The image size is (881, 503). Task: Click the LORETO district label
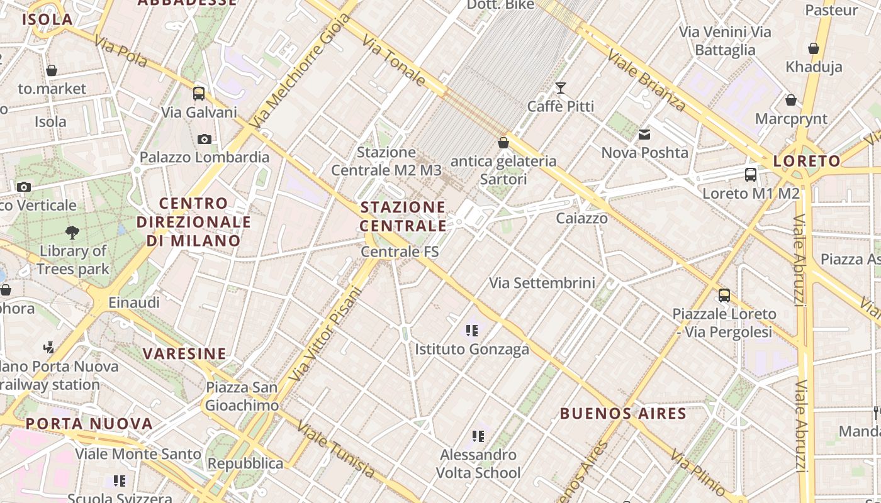tap(807, 161)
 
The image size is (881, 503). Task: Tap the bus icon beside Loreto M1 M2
tap(750, 175)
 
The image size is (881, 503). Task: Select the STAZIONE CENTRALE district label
tap(403, 216)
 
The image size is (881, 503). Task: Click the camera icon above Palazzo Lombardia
tap(204, 139)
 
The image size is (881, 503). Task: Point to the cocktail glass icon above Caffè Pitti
tap(560, 88)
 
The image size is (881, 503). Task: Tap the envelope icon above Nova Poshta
tap(644, 135)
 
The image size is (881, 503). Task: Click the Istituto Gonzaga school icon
tap(471, 330)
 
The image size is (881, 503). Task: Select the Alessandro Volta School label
tap(478, 463)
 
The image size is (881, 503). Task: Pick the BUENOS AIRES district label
tap(622, 413)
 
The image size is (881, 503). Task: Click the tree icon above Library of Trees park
tap(72, 233)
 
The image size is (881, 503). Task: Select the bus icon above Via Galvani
tap(199, 94)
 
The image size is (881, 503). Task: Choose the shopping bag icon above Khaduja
tap(813, 48)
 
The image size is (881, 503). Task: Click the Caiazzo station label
tap(581, 218)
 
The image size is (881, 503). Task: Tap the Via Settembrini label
tap(542, 283)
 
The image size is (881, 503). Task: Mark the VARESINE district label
tap(184, 353)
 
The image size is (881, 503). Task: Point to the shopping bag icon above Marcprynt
tap(790, 100)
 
